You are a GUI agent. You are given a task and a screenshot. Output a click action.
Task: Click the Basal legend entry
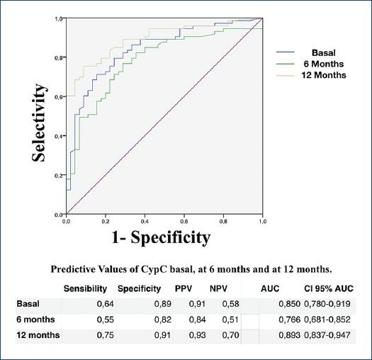[323, 52]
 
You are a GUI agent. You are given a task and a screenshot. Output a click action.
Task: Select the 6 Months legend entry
[323, 64]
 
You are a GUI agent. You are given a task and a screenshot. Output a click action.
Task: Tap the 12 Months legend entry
[323, 75]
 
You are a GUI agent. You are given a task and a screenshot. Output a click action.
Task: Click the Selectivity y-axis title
[40, 122]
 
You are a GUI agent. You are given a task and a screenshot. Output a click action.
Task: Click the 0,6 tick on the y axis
[57, 96]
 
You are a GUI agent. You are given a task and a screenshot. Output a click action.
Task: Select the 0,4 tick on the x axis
[145, 221]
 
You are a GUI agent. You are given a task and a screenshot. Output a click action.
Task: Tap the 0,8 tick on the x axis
[223, 221]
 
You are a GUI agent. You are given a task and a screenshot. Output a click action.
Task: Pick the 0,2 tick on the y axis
[57, 175]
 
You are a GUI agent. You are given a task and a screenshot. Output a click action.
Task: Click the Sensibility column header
[85, 289]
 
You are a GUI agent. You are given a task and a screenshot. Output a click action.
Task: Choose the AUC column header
[269, 289]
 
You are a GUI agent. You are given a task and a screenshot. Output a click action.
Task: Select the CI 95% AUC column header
[329, 289]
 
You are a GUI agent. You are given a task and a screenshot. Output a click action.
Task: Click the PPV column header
[184, 289]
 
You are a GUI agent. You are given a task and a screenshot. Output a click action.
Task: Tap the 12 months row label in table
[38, 335]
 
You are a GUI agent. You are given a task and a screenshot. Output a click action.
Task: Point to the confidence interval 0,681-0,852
[329, 320]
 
